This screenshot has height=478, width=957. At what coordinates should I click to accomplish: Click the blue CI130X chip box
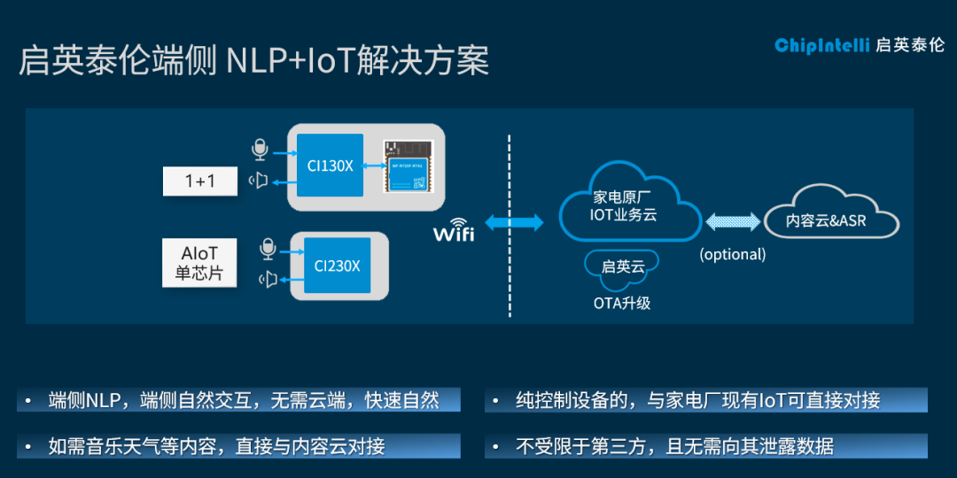pyautogui.click(x=330, y=166)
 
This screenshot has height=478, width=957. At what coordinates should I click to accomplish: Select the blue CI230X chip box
pyautogui.click(x=337, y=265)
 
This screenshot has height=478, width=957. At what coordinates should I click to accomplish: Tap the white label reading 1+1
pyautogui.click(x=200, y=181)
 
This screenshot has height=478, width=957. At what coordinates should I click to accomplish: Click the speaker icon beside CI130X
pyautogui.click(x=259, y=181)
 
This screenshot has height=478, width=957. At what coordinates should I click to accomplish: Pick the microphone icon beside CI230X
pyautogui.click(x=268, y=250)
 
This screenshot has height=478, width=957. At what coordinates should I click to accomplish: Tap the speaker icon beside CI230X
pyautogui.click(x=268, y=280)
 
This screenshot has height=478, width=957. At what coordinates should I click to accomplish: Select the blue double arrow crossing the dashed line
pyautogui.click(x=515, y=223)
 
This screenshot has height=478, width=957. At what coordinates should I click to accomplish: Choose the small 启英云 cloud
pyautogui.click(x=621, y=266)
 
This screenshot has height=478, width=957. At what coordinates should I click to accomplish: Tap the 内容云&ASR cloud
pyautogui.click(x=826, y=220)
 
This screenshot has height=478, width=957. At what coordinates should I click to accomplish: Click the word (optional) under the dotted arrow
pyautogui.click(x=732, y=254)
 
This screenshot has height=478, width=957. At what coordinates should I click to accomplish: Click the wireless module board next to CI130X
pyautogui.click(x=408, y=166)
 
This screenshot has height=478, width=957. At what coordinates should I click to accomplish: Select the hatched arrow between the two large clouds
pyautogui.click(x=732, y=221)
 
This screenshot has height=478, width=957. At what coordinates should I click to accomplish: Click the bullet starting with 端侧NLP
pyautogui.click(x=239, y=400)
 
